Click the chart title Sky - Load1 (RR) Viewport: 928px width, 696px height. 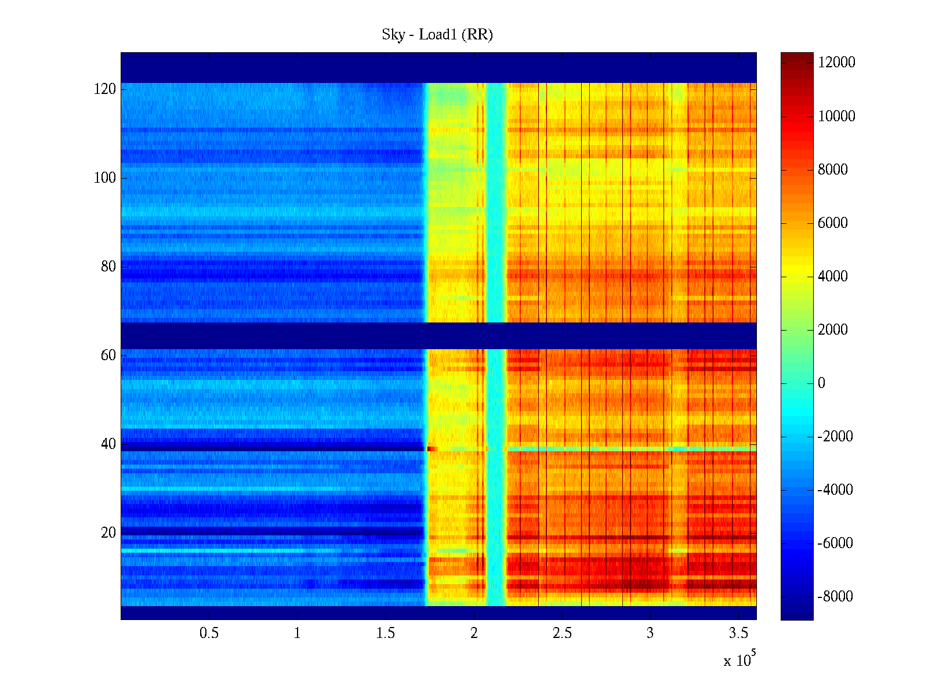click(437, 35)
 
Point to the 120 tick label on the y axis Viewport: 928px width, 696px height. click(105, 89)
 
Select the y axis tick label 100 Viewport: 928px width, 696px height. click(105, 178)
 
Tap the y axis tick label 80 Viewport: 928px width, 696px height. click(108, 267)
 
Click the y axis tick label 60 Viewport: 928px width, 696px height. click(108, 356)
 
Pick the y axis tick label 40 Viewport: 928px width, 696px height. click(108, 444)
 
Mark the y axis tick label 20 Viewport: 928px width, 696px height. click(108, 533)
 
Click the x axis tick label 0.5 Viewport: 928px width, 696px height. click(209, 633)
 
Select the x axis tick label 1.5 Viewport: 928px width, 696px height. click(386, 633)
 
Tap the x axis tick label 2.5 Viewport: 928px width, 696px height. click(562, 633)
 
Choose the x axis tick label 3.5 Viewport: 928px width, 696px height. click(738, 633)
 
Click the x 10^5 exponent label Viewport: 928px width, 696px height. click(739, 660)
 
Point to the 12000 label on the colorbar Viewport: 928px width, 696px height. click(836, 63)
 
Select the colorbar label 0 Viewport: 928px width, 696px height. click(821, 383)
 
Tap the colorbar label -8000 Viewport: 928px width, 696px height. click(835, 596)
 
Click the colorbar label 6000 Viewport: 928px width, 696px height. click(833, 223)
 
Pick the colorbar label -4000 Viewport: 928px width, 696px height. click(835, 490)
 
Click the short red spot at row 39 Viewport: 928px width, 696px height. click(432, 448)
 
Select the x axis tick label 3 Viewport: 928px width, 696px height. click(650, 633)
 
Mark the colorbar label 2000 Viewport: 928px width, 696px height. click(833, 329)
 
